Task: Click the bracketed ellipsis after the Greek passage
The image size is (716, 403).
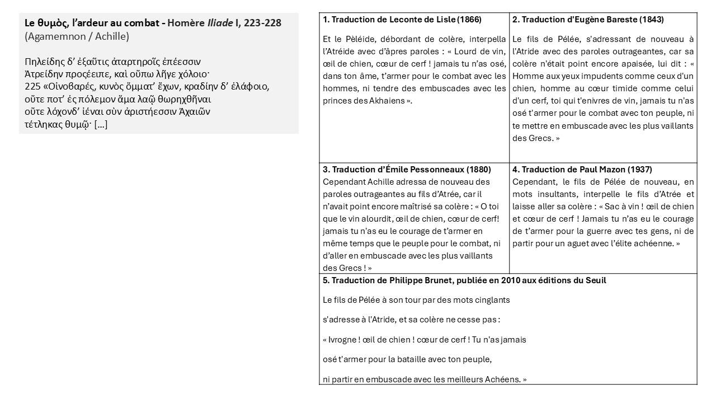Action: pos(101,124)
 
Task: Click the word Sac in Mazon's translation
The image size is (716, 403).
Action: pos(604,207)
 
